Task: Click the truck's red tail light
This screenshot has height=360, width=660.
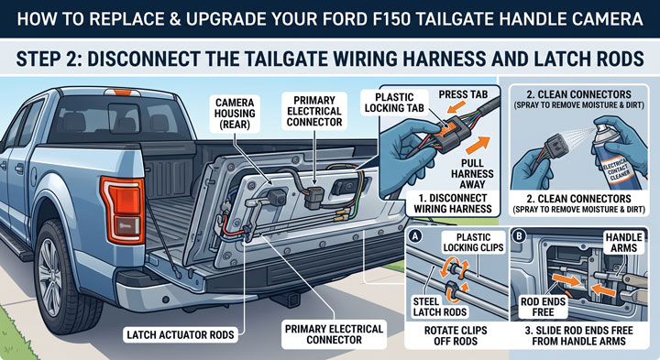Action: [123, 210]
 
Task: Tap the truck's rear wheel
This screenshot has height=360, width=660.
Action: [61, 278]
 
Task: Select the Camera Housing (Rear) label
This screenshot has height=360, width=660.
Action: [235, 114]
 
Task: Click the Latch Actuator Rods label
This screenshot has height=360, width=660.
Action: [181, 334]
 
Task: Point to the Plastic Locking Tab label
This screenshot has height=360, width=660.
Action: [394, 103]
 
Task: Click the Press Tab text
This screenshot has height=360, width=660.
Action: [463, 94]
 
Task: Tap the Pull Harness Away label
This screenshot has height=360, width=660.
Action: [472, 174]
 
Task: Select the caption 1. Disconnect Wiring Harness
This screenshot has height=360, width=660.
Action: [453, 203]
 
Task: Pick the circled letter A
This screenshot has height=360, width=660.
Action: [415, 236]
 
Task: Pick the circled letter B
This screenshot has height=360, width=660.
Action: [519, 236]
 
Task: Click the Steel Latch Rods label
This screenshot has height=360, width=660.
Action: [439, 307]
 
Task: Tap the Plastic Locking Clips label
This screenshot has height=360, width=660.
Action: [473, 242]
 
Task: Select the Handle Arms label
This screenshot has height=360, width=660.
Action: [623, 243]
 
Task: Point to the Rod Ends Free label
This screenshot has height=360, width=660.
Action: [543, 307]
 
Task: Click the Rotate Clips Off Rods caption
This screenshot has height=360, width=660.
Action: [456, 335]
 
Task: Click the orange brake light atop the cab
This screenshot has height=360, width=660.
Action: [122, 93]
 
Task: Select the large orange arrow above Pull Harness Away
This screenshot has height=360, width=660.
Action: [478, 145]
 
